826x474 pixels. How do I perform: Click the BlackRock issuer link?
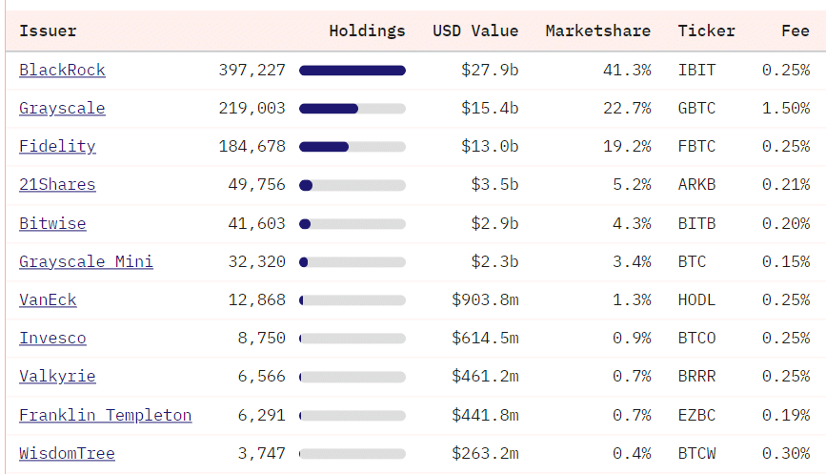(62, 71)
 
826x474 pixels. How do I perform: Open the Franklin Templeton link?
(105, 415)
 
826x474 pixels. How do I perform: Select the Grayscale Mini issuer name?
(86, 261)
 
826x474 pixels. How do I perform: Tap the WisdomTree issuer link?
(67, 453)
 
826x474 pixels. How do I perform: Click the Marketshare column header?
(597, 31)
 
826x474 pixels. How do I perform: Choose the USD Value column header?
(475, 31)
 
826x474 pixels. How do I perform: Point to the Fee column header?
(795, 31)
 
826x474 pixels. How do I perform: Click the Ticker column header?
(706, 31)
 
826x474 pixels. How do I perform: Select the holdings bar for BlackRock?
(353, 71)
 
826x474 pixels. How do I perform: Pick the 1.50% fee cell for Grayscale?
(785, 109)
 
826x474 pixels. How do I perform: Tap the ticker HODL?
(696, 299)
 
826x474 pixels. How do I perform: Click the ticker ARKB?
(696, 185)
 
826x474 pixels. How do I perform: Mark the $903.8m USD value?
(485, 299)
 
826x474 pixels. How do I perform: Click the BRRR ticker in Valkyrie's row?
(696, 376)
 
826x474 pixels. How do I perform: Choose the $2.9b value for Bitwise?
(494, 223)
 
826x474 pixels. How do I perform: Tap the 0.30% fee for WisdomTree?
(785, 453)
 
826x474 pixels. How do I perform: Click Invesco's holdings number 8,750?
(261, 338)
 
